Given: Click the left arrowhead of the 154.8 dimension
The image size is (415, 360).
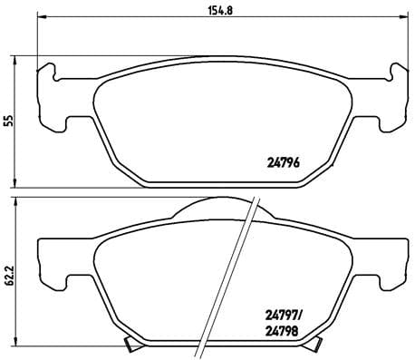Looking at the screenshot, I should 40,22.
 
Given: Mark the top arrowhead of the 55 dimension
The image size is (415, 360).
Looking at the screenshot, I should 20,59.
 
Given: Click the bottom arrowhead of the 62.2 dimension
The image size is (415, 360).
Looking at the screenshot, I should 20,345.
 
